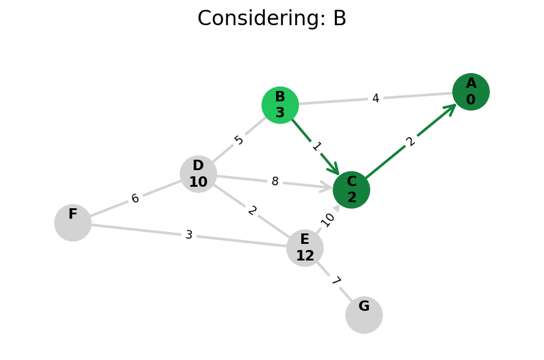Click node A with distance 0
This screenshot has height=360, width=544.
[x=471, y=92]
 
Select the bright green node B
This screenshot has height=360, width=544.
[x=280, y=105]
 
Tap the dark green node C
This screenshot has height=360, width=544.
[x=352, y=190]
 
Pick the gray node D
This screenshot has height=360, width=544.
[x=199, y=174]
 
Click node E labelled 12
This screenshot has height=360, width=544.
[x=305, y=248]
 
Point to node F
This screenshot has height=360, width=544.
[x=73, y=222]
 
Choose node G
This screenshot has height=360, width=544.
[x=364, y=315]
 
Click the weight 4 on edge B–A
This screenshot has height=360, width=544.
[x=376, y=98]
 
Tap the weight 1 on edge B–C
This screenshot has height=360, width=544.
[x=317, y=146]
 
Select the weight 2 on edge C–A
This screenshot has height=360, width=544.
[x=411, y=141]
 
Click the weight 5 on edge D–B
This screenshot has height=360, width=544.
[x=239, y=140]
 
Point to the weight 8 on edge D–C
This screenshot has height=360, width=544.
[x=275, y=182]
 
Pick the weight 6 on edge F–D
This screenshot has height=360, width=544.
[x=135, y=198]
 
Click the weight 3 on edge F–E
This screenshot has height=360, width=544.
[x=189, y=235]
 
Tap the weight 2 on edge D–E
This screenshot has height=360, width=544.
[x=252, y=211]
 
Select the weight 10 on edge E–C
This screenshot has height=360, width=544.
[x=328, y=219]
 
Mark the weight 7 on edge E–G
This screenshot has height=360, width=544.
[x=335, y=281]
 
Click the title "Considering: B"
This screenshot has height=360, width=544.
[x=272, y=18]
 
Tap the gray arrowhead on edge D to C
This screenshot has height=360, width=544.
[x=326, y=187]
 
